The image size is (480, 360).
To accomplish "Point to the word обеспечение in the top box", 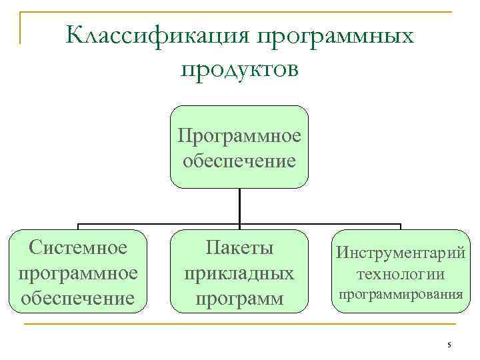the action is [x=239, y=161].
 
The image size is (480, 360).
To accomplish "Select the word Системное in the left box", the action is [x=79, y=248].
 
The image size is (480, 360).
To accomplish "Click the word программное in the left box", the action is [x=79, y=273].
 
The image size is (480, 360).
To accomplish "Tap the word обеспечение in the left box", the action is [x=79, y=297].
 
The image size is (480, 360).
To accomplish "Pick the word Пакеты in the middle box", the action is [x=239, y=248].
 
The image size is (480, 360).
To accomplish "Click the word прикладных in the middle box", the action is [x=239, y=273].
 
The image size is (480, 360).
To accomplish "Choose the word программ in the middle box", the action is [x=239, y=297].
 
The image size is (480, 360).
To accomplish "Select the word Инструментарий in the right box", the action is [x=400, y=253].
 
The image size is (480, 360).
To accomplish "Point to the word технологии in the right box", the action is [x=400, y=274].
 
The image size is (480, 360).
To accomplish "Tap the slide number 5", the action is [x=449, y=345].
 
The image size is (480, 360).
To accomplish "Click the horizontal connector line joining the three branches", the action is [x=160, y=225].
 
